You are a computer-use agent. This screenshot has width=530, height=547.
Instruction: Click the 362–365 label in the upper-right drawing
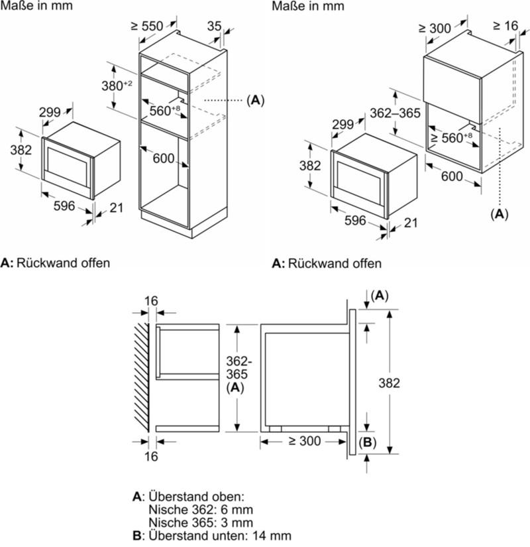[x=395, y=113]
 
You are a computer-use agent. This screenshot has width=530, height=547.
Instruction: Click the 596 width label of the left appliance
[x=64, y=206]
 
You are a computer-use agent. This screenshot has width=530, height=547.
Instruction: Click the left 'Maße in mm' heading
[x=37, y=6]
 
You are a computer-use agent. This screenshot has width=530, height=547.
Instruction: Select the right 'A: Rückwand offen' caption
[x=327, y=263]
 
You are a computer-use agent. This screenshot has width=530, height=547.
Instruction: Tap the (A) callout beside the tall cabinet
[x=255, y=100]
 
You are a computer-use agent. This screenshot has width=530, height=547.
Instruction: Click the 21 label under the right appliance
[x=411, y=223]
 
